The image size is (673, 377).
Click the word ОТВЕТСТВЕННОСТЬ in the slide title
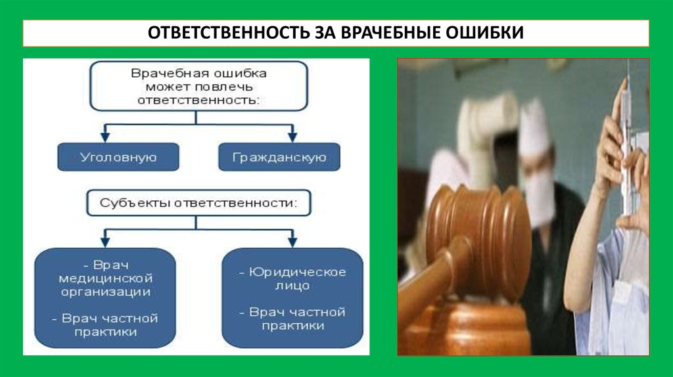point(220,33)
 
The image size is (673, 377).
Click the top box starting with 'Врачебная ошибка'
point(198,86)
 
